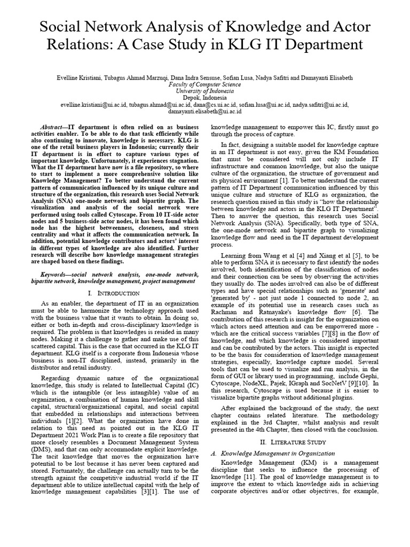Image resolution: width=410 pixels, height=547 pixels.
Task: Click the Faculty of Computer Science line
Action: click(x=204, y=85)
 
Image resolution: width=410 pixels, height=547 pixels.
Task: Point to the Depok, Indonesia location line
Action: click(x=204, y=98)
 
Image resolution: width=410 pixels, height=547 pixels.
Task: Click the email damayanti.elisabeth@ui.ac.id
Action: click(x=204, y=112)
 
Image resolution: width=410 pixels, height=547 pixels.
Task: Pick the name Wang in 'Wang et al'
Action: click(x=271, y=256)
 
